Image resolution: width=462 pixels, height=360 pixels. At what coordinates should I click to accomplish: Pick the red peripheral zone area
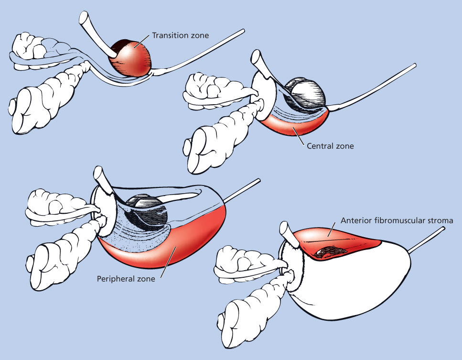point(191,239)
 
